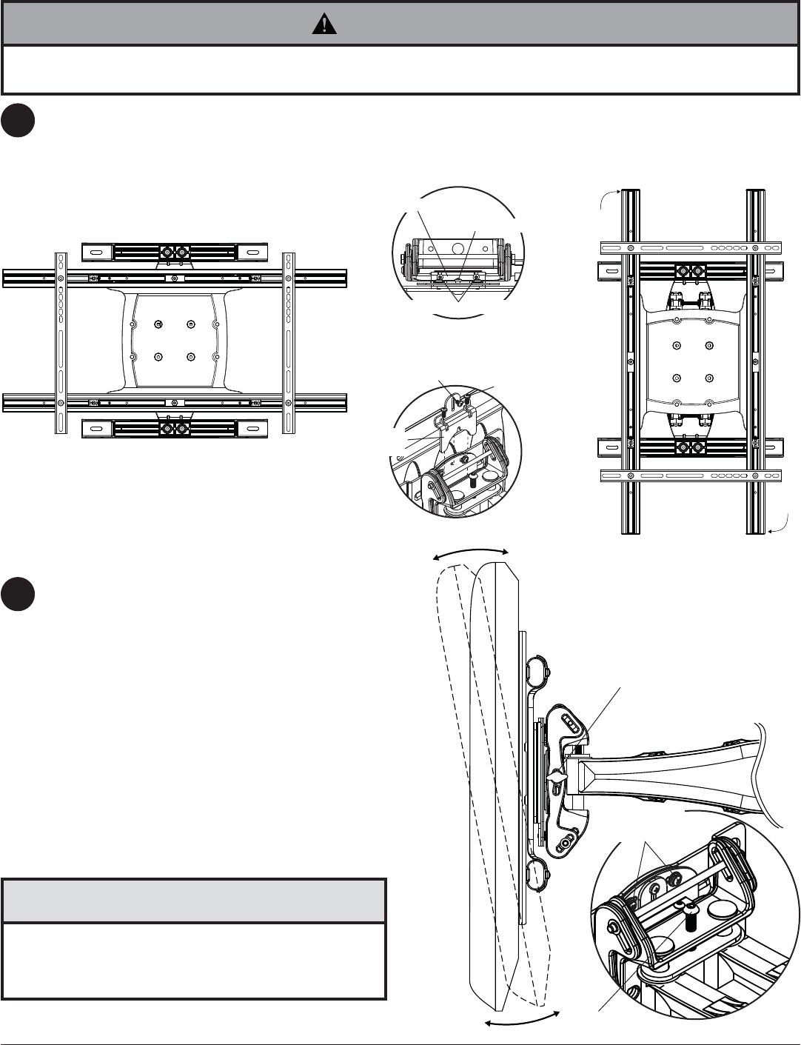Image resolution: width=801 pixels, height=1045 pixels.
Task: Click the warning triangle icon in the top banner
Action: [324, 24]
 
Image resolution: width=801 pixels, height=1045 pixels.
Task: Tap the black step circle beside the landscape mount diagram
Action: [19, 120]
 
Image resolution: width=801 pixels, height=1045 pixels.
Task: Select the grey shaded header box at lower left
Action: [194, 901]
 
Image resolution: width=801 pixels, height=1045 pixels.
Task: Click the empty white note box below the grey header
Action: [194, 961]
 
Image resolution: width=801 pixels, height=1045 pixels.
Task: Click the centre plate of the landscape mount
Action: [175, 341]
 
